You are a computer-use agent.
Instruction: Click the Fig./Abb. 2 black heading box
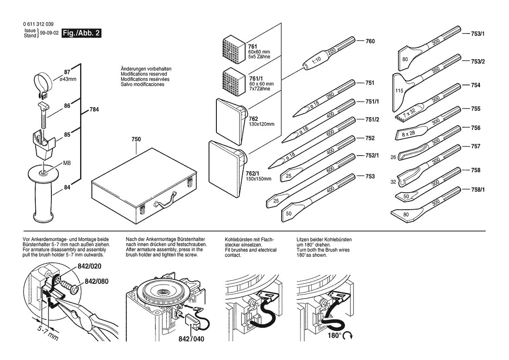(82, 33)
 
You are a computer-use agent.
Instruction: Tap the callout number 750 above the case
(136, 139)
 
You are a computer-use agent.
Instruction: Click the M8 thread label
(67, 163)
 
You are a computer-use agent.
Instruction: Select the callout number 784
(94, 110)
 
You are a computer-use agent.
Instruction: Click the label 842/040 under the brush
(191, 339)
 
